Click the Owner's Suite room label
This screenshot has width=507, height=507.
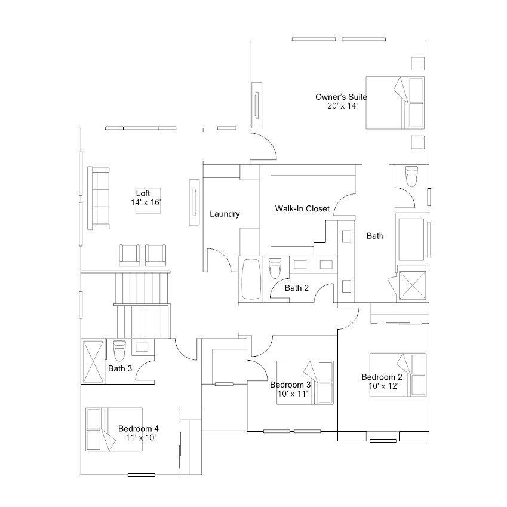341,97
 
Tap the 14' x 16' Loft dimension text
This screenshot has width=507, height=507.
146,202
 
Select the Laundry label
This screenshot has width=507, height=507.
225,214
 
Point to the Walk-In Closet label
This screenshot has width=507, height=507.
302,208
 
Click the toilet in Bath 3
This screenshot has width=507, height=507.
119,351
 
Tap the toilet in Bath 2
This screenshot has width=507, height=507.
275,268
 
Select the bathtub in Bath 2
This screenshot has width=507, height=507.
251,279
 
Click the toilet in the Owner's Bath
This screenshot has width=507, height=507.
411,176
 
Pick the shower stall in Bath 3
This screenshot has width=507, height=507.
93,361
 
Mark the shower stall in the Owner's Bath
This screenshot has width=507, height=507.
412,285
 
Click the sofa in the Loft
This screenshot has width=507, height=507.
99,198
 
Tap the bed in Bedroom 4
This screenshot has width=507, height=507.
114,429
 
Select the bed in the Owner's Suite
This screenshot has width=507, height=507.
395,103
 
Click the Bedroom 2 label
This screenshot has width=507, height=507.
382,377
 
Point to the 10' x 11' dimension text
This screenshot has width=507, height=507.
293,394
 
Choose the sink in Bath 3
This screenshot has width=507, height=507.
142,348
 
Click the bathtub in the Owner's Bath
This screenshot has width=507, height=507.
411,239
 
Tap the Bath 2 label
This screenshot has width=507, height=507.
297,288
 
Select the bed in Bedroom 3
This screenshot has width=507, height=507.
305,383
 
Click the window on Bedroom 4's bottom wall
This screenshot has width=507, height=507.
141,475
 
